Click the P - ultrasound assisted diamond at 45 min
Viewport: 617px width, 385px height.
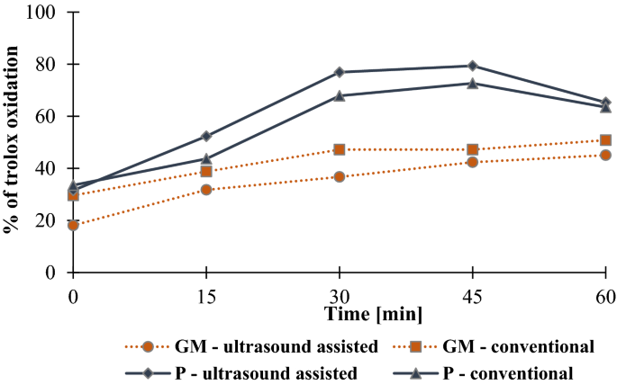[x=473, y=66]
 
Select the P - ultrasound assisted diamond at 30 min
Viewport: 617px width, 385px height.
[x=340, y=72]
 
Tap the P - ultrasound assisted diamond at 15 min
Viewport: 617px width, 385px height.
[x=206, y=136]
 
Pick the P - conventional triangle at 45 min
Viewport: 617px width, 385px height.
[x=473, y=83]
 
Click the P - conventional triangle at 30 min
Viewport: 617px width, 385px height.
[x=340, y=95]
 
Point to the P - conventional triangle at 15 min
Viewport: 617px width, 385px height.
[x=206, y=158]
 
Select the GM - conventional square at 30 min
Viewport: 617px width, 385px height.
[x=340, y=149]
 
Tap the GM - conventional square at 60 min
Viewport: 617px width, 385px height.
[x=606, y=140]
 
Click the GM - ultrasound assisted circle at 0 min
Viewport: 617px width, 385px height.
[x=73, y=225]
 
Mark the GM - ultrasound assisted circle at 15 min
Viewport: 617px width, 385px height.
[x=206, y=190]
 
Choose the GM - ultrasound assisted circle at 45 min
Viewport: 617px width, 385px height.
[x=473, y=162]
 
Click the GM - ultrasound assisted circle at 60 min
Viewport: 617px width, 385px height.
[x=606, y=155]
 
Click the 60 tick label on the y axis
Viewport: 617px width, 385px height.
[x=49, y=117]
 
